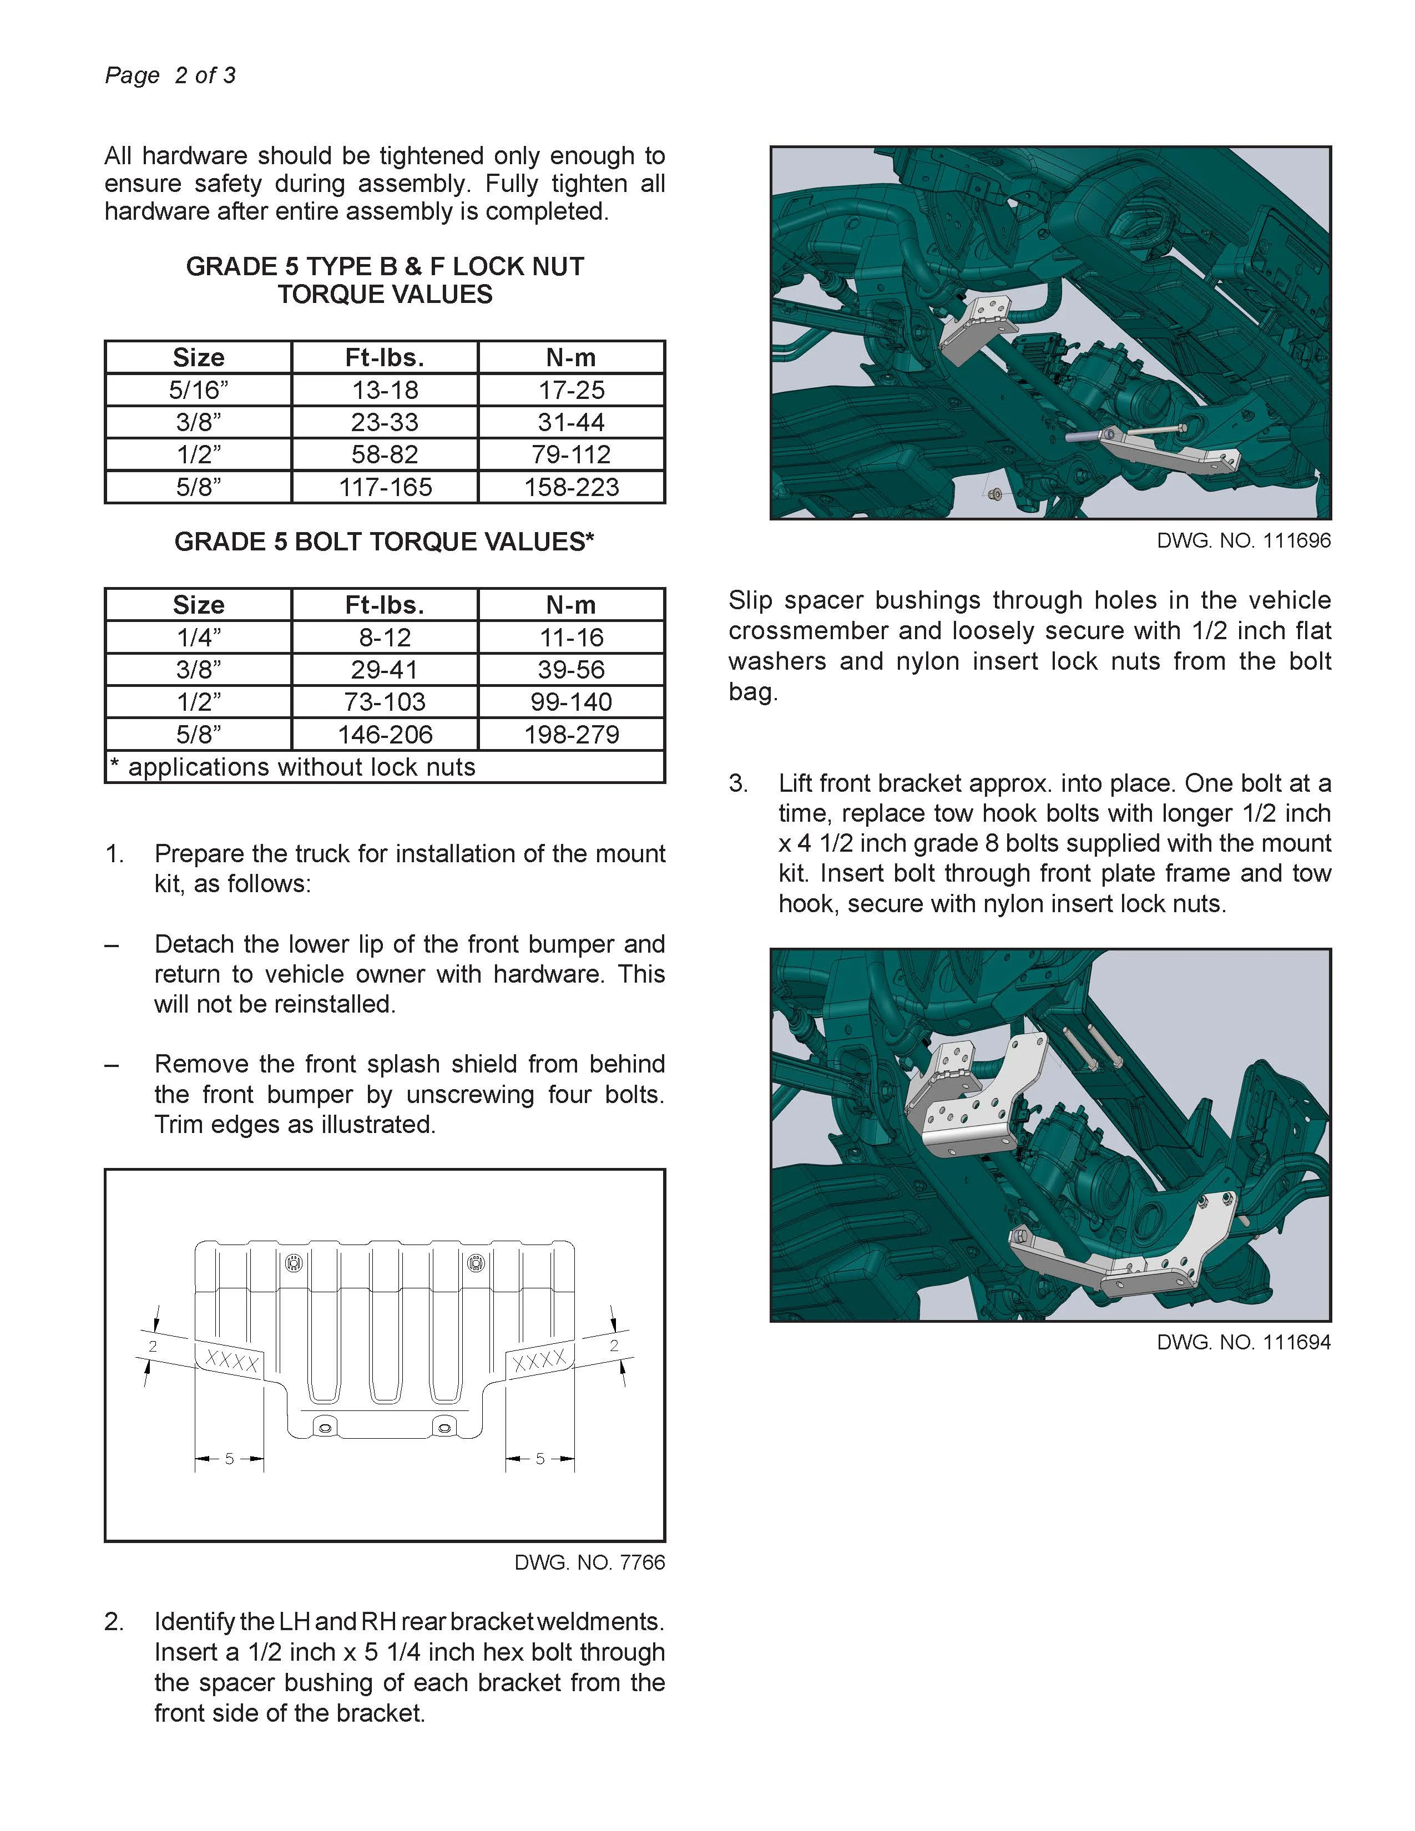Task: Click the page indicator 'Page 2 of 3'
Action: coord(170,75)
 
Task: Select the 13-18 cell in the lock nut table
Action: coord(385,390)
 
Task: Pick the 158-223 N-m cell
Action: coord(571,487)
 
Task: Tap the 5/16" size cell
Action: coord(198,390)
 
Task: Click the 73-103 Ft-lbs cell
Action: coord(385,702)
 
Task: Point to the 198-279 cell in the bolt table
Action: coord(571,735)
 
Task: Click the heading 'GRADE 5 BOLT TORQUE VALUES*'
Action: coord(384,542)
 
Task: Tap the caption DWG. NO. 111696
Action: coord(1243,541)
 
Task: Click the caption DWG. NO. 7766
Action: coord(589,1562)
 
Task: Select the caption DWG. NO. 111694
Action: coord(1243,1342)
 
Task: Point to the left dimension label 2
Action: coord(153,1347)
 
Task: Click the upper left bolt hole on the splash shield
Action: coord(294,1263)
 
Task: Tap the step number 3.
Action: coord(737,783)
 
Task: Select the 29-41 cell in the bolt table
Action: coord(385,670)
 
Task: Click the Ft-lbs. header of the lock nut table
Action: coord(385,358)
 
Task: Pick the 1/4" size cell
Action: coord(198,637)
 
